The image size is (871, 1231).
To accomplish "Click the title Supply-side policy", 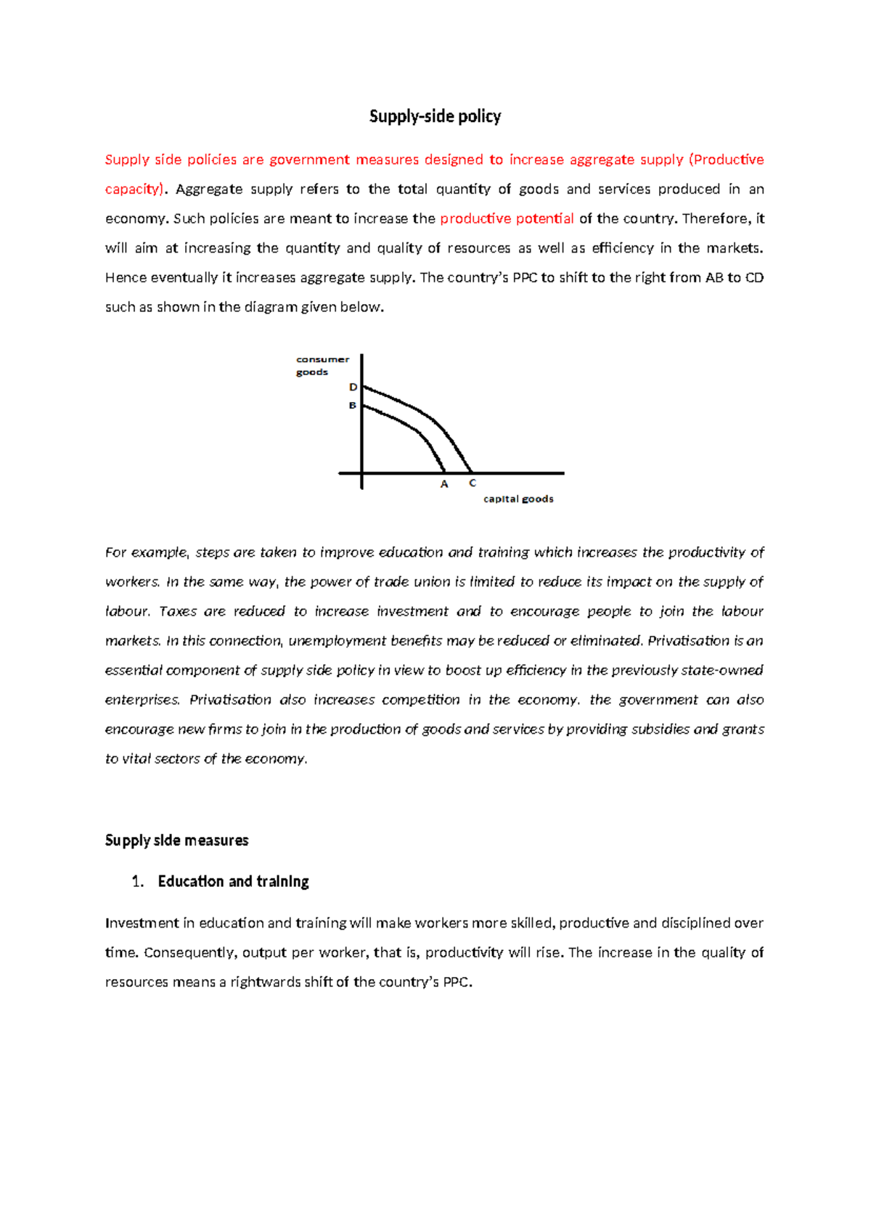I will [x=435, y=116].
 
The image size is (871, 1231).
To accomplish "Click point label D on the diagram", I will [x=353, y=387].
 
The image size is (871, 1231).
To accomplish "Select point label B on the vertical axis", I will [x=353, y=406].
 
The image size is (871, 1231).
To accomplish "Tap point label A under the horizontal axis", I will [x=444, y=484].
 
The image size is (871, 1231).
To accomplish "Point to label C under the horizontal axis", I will [x=473, y=483].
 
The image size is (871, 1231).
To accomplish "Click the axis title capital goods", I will [x=518, y=499].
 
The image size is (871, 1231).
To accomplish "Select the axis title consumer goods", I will [x=322, y=365].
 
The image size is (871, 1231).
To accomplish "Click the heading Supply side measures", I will [x=176, y=841].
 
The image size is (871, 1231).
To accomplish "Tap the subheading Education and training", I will [x=233, y=881].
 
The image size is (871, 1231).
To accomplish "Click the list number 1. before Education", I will [x=138, y=881].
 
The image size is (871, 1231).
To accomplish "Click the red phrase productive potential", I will [x=507, y=218].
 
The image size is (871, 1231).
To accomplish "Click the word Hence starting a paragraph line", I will [x=125, y=277].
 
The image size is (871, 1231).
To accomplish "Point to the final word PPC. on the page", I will [x=458, y=982].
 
